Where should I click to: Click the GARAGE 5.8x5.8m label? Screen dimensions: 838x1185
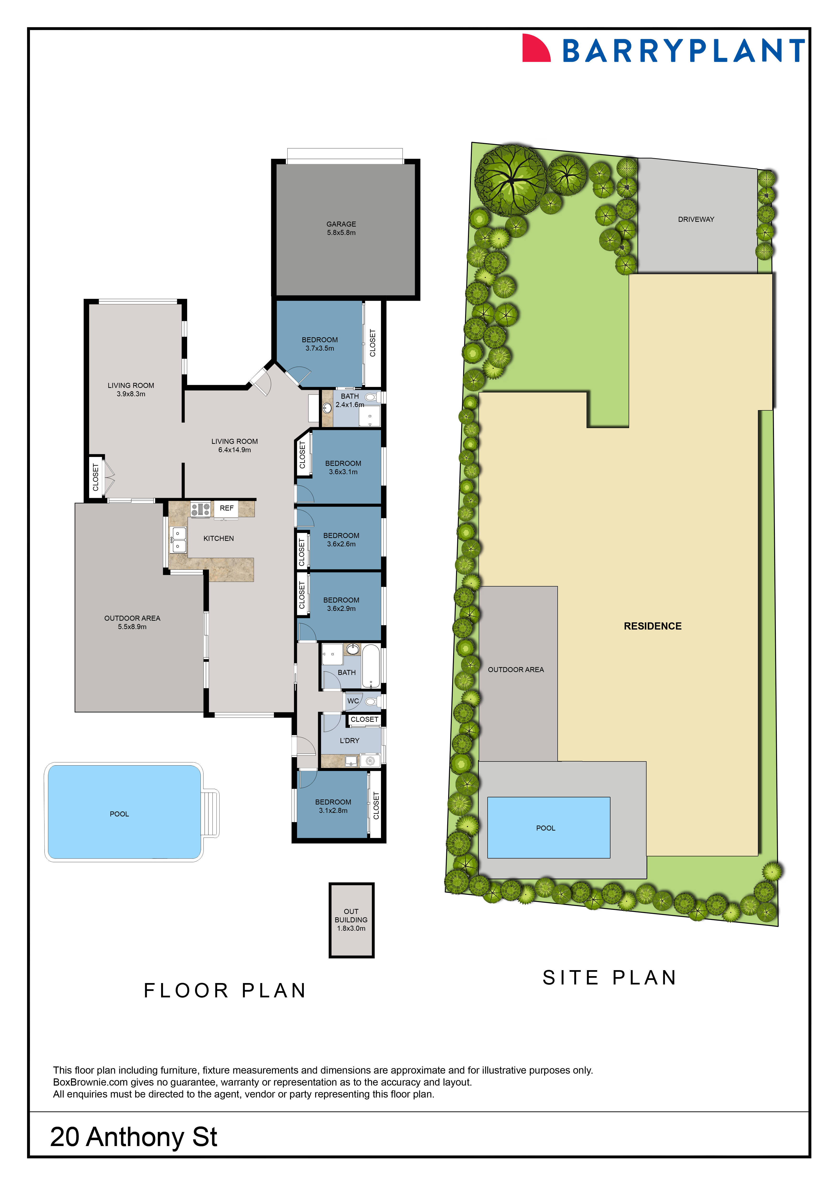[x=341, y=228]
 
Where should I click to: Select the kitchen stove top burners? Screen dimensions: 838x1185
[x=200, y=509]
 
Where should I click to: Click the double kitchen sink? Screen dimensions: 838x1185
[x=179, y=539]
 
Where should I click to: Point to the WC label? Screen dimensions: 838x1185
[x=353, y=701]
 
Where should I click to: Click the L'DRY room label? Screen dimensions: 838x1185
[x=349, y=741]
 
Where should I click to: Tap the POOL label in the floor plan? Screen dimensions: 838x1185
[x=119, y=814]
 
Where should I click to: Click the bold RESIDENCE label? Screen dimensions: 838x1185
[x=653, y=626]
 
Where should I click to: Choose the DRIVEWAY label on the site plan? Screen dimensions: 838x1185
[x=696, y=219]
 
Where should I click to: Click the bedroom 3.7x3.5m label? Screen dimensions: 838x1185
[x=320, y=344]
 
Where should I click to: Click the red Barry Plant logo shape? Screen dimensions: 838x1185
[x=536, y=48]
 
